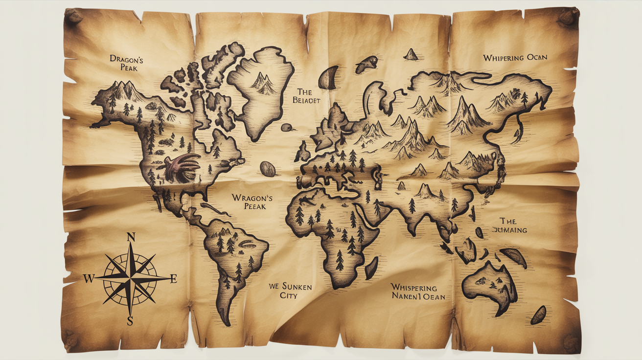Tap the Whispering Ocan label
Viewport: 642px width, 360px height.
click(515, 58)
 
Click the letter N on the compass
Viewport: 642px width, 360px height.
click(131, 238)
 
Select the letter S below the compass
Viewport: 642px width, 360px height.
click(130, 321)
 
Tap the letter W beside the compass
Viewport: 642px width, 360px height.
click(89, 279)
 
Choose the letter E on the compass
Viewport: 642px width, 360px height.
click(172, 279)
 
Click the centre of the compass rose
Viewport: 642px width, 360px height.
click(131, 278)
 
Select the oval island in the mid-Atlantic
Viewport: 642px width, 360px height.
click(268, 169)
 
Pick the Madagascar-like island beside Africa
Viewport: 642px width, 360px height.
click(372, 268)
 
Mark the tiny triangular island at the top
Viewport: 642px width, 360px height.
click(411, 54)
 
